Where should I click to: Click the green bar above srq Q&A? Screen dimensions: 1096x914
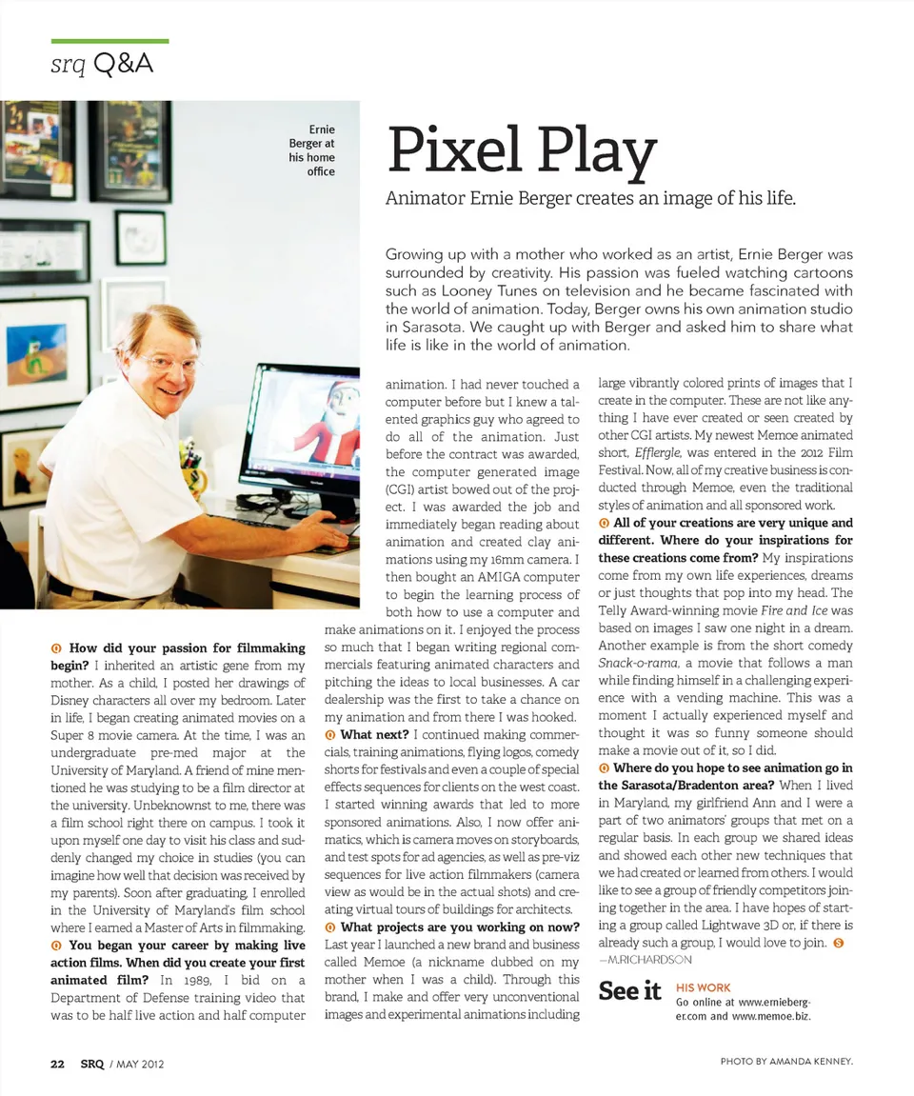point(109,42)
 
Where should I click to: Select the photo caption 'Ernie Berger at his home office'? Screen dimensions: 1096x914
point(311,150)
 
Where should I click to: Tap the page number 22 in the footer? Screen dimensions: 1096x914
point(57,1064)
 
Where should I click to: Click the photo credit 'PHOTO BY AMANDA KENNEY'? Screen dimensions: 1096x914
point(786,1061)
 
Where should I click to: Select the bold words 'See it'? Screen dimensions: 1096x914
point(629,991)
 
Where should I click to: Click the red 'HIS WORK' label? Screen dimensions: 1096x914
point(703,987)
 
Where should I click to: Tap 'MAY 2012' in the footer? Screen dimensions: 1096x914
point(140,1064)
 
